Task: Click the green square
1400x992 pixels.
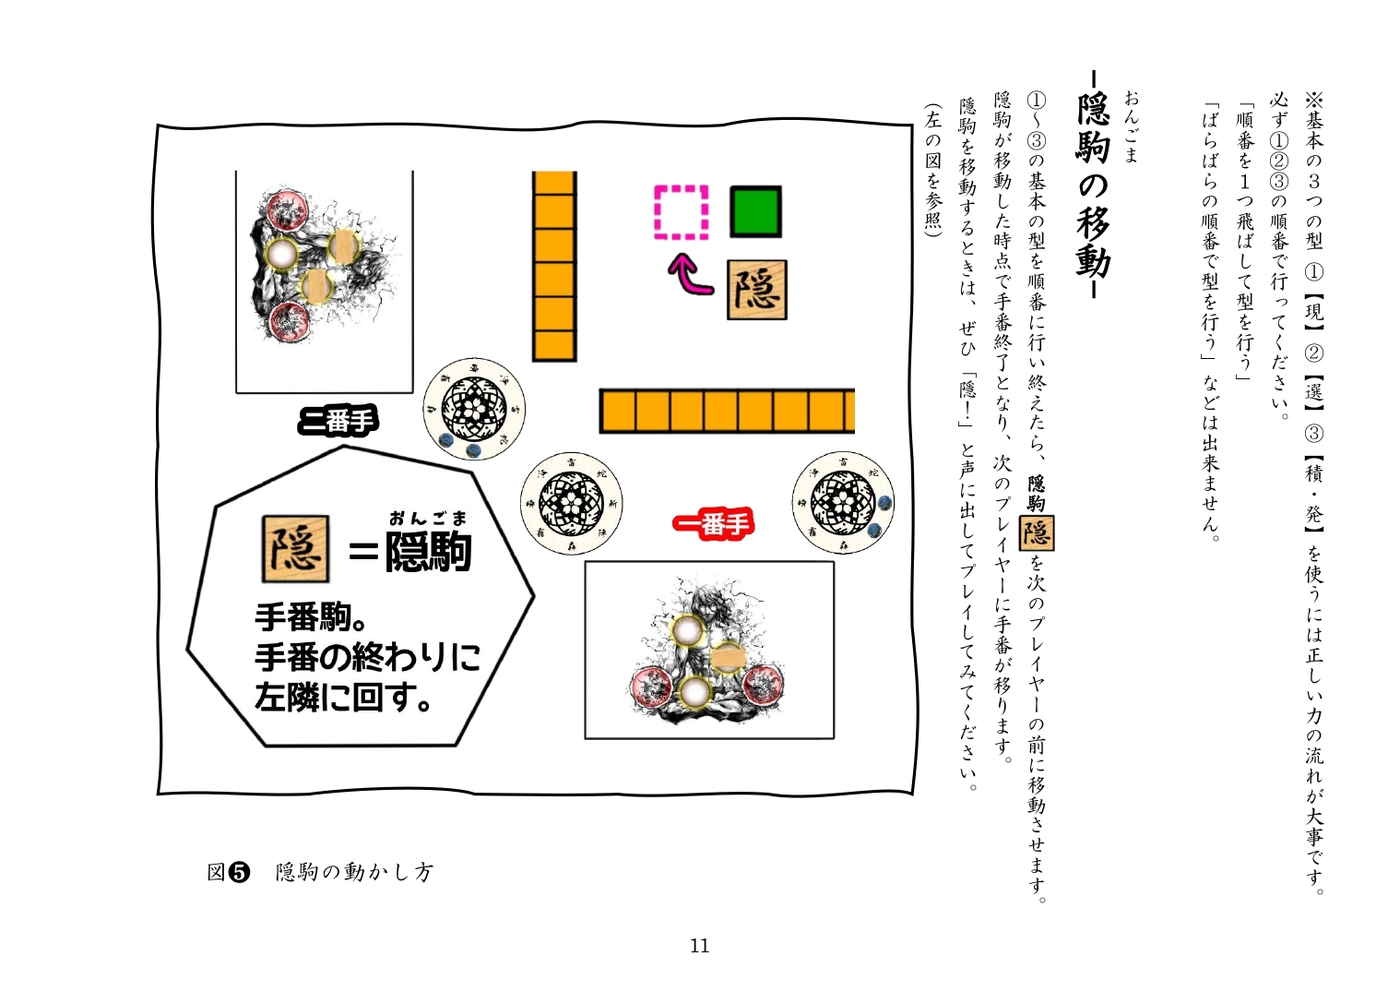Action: tap(755, 211)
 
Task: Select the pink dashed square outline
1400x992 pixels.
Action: tap(682, 212)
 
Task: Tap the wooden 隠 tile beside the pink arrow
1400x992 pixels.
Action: tap(756, 290)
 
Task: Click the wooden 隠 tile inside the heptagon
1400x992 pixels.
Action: tap(296, 548)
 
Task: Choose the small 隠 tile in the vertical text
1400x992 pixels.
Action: tap(1037, 532)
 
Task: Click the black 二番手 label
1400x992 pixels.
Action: tap(338, 422)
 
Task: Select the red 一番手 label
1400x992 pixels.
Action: tap(713, 524)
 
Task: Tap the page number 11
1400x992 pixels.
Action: tap(699, 946)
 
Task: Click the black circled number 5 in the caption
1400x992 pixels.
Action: tap(239, 873)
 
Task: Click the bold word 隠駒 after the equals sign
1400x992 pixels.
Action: tap(428, 552)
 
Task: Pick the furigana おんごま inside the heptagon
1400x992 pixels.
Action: tap(428, 519)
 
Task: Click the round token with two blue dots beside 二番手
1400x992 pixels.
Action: tap(474, 409)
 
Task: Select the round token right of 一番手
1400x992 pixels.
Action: tap(843, 503)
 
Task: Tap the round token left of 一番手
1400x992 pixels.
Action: tap(571, 504)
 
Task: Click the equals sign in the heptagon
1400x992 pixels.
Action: tap(363, 552)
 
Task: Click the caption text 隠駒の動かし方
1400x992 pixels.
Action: tap(354, 873)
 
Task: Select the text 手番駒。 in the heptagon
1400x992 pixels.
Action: tap(311, 618)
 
